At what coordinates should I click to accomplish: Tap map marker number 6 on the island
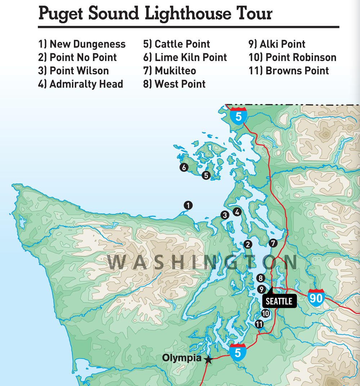click(184, 168)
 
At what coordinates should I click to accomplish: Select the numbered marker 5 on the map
click(206, 176)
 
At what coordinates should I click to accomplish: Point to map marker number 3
click(225, 215)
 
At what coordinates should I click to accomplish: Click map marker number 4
click(237, 212)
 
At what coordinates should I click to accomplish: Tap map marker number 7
click(273, 243)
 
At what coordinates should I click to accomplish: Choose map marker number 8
click(261, 278)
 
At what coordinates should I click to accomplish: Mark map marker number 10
click(266, 314)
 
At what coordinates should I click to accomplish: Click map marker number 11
click(259, 324)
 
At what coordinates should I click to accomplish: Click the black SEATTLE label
click(279, 301)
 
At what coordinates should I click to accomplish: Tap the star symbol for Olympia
click(208, 359)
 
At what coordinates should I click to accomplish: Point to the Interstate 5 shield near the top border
click(238, 115)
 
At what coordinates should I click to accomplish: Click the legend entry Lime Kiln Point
click(185, 58)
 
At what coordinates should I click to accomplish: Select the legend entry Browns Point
click(288, 71)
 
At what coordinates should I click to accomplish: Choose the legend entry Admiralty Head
click(81, 84)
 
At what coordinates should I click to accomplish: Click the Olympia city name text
click(181, 358)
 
